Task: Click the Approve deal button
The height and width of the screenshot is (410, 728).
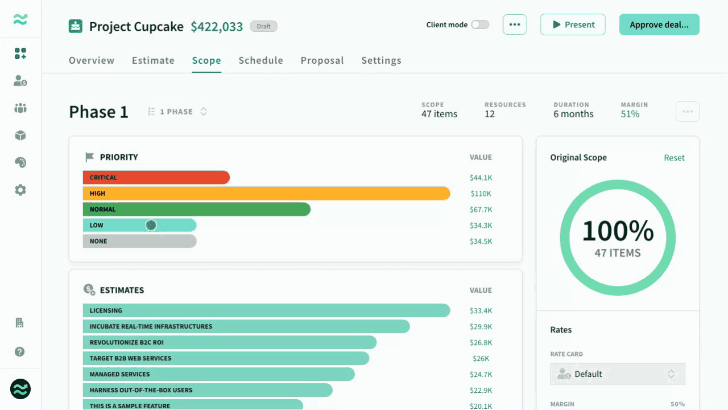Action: coord(659,24)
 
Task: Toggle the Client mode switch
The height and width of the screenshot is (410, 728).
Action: coord(480,24)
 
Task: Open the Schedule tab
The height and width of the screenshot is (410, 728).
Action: coord(260,60)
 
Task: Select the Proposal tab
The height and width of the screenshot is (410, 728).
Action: coord(322,60)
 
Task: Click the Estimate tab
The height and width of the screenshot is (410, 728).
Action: coord(153,60)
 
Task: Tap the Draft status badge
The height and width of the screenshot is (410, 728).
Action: coord(263,26)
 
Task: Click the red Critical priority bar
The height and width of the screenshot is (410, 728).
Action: coord(156,177)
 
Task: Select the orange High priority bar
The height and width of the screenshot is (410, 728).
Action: coord(267,193)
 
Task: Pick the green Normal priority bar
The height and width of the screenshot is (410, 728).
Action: coord(197,209)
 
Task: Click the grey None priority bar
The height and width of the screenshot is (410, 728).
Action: coord(140,241)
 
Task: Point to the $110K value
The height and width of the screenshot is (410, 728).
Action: coord(481,194)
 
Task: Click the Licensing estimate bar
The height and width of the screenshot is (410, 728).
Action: coord(267,310)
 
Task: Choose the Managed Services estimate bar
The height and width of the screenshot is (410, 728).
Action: coord(219,374)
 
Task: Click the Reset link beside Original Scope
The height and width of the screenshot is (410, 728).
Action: coord(674,158)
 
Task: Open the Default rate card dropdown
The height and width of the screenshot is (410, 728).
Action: coord(618,374)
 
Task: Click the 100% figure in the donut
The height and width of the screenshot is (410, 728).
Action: coord(618,231)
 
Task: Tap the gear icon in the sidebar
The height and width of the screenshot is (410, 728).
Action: coord(20,190)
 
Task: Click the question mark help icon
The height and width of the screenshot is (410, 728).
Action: coord(19,352)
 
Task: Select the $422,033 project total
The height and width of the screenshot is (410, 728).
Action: coord(217,26)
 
